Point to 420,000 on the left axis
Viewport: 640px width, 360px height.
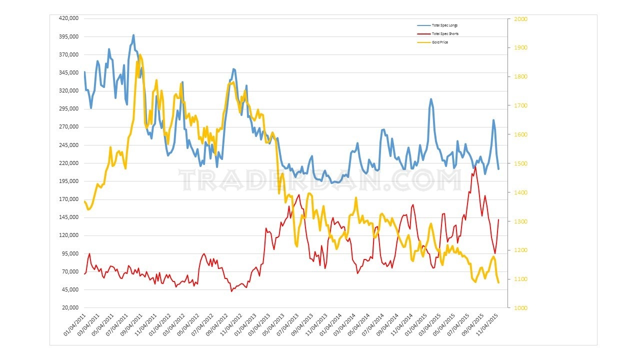coord(69,18)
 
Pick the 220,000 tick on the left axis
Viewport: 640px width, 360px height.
coord(69,163)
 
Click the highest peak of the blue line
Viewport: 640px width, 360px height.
coord(133,35)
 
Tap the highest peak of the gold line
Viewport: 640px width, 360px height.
coord(140,54)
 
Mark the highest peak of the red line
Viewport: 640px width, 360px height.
coord(475,166)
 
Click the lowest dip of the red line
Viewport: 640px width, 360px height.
coord(231,291)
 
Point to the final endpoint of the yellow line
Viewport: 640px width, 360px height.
coord(498,283)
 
